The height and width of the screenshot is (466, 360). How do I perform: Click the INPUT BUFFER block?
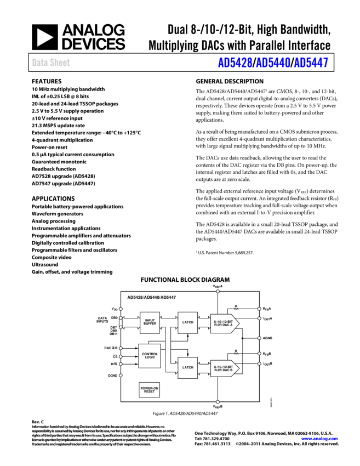pyautogui.click(x=150, y=322)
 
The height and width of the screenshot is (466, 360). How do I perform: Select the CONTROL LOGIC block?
pyautogui.click(x=150, y=355)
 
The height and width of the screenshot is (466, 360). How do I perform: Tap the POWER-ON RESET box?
pyautogui.click(x=149, y=390)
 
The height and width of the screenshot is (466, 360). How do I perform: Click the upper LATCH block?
pyautogui.click(x=187, y=322)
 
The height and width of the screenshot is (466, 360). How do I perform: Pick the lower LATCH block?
pyautogui.click(x=187, y=367)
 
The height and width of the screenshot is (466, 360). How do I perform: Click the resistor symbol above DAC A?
pyautogui.click(x=236, y=309)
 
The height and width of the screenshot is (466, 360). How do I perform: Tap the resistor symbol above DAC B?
pyautogui.click(x=236, y=354)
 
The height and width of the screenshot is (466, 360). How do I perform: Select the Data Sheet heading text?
pyautogui.click(x=51, y=63)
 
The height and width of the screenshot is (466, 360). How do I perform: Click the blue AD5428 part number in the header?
pyautogui.click(x=235, y=63)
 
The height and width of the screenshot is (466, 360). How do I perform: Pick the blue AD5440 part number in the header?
pyautogui.click(x=273, y=63)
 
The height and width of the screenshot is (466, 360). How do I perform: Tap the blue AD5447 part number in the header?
pyautogui.click(x=311, y=63)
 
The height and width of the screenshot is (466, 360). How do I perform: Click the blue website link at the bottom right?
pyautogui.click(x=319, y=439)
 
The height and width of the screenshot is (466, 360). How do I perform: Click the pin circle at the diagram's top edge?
pyautogui.click(x=218, y=292)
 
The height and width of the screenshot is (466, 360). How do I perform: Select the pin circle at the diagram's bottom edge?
pyautogui.click(x=218, y=402)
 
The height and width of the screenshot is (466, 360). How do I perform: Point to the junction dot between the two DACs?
pyautogui.click(x=242, y=338)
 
